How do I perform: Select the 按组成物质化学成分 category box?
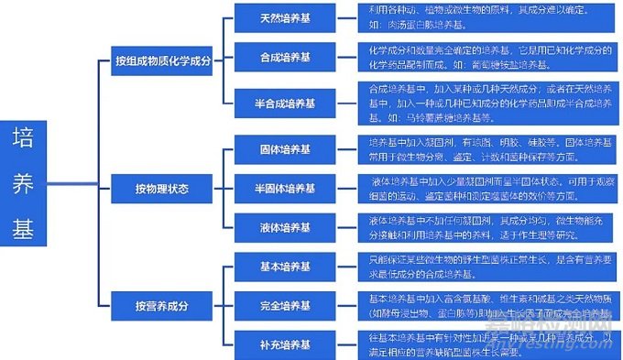pyautogui.click(x=162, y=61)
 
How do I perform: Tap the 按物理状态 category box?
pyautogui.click(x=162, y=189)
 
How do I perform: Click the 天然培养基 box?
pyautogui.click(x=284, y=18)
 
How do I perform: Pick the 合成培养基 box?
pyautogui.click(x=284, y=58)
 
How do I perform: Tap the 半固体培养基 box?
pyautogui.click(x=284, y=189)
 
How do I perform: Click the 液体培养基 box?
pyautogui.click(x=284, y=225)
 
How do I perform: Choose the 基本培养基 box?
pyautogui.click(x=284, y=267)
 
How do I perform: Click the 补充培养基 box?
pyautogui.click(x=284, y=344)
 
